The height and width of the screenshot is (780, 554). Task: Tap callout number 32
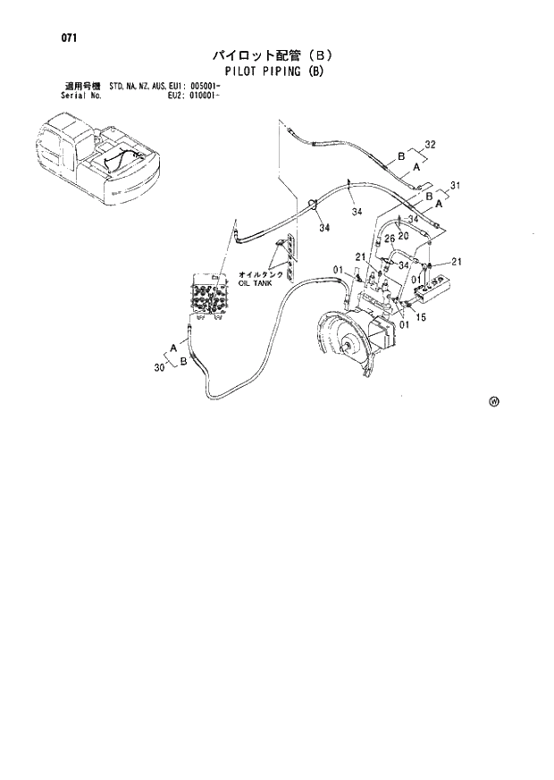[430, 144]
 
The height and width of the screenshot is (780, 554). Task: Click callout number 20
[404, 236]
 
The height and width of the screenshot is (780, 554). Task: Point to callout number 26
[389, 251]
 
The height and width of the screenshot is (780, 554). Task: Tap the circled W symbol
[494, 401]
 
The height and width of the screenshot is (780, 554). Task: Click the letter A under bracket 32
[416, 165]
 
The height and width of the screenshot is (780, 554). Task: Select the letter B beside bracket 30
[182, 361]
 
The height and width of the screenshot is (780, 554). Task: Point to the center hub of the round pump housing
[343, 340]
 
